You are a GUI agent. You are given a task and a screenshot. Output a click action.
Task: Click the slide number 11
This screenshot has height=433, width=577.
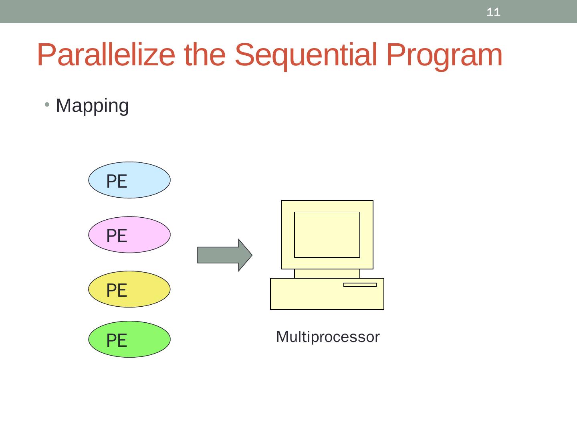(x=493, y=12)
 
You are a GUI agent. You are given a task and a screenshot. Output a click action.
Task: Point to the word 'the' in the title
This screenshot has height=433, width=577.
(x=204, y=55)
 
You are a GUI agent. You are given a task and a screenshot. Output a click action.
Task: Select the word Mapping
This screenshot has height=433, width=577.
(x=93, y=106)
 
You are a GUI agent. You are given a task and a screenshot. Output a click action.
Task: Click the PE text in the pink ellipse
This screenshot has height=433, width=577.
(x=117, y=236)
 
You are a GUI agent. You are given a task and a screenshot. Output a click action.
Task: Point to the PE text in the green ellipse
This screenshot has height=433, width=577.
(x=117, y=340)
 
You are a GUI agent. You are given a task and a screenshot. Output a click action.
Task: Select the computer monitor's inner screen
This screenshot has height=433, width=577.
(x=327, y=235)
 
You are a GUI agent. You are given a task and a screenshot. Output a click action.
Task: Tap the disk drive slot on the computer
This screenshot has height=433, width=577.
(x=360, y=285)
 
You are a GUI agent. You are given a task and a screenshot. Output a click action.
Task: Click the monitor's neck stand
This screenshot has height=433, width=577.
(x=327, y=273)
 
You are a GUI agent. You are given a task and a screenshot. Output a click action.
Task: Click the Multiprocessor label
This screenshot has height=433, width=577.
(x=328, y=337)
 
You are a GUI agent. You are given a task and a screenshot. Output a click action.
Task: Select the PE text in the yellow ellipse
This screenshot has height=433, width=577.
(x=117, y=290)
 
